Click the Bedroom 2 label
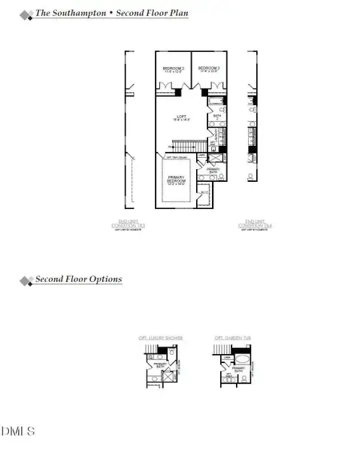[174, 68]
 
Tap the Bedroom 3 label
[208, 68]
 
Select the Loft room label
[182, 115]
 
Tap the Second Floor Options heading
[78, 280]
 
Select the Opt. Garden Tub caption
[229, 338]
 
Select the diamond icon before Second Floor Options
[26, 280]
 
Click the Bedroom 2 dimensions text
[174, 73]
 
